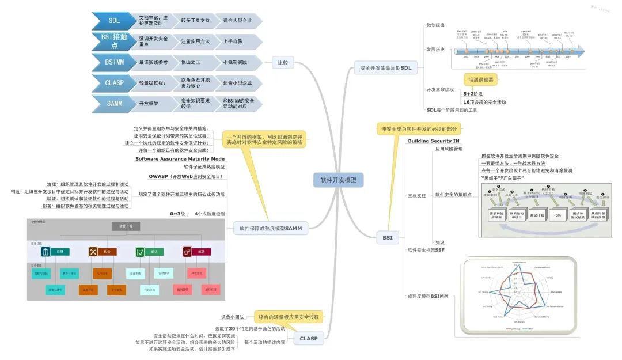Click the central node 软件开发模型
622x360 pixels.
point(338,180)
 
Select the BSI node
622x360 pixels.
point(387,237)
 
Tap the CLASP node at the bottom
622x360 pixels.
point(309,339)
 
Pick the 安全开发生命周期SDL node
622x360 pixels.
point(386,68)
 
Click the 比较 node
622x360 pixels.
point(282,62)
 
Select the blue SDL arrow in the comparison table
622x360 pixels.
point(113,21)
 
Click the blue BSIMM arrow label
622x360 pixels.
point(113,62)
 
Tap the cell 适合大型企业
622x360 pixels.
point(237,21)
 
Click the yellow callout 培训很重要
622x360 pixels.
point(480,79)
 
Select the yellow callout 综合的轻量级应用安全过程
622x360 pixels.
point(289,317)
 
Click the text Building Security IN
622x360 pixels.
point(434,141)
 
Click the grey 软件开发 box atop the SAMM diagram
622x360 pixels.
point(126,226)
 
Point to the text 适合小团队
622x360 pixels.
point(233,317)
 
